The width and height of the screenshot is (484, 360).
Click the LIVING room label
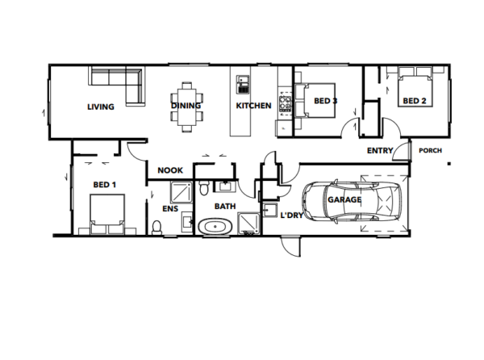click(100, 107)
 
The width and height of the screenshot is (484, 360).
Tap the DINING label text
click(186, 106)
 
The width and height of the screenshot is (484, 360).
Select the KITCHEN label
click(252, 106)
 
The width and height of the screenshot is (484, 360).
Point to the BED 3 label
click(325, 101)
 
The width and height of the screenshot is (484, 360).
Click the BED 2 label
click(414, 101)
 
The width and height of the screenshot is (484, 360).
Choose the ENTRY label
click(380, 151)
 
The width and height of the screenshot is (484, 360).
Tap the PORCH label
click(429, 150)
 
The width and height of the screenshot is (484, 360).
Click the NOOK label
click(170, 170)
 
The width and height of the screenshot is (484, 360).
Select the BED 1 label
click(105, 185)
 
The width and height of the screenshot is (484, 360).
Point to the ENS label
click(170, 208)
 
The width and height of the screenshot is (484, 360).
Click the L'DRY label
click(290, 215)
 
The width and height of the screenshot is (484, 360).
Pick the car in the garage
click(353, 201)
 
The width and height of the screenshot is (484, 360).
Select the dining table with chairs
click(187, 103)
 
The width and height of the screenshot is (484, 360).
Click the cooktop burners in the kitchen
click(285, 103)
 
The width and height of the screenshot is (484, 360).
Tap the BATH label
click(224, 207)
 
